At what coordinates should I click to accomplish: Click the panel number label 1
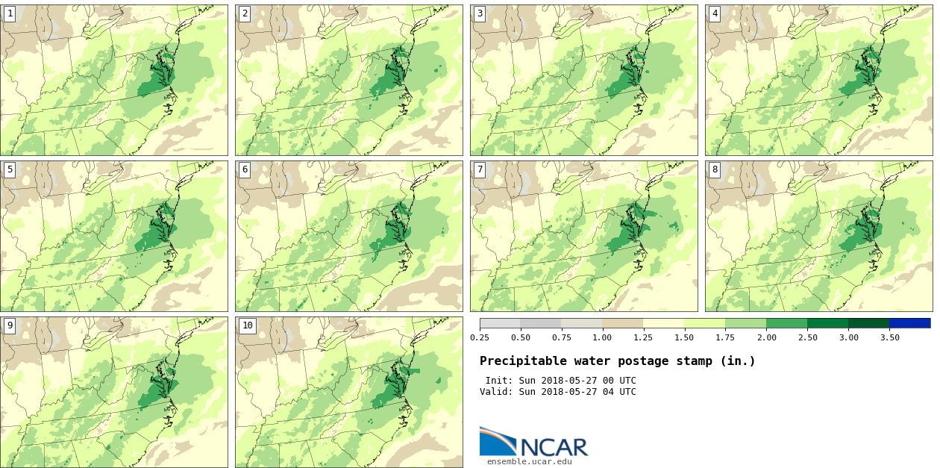pyautogui.click(x=10, y=13)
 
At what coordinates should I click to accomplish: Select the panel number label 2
pyautogui.click(x=245, y=13)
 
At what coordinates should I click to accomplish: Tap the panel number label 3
pyautogui.click(x=480, y=13)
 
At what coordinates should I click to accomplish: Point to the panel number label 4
pyautogui.click(x=715, y=13)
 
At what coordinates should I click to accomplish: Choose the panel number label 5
pyautogui.click(x=10, y=169)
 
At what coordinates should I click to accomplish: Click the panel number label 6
pyautogui.click(x=245, y=169)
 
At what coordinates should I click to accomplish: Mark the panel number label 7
pyautogui.click(x=480, y=169)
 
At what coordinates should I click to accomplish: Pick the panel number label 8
pyautogui.click(x=715, y=169)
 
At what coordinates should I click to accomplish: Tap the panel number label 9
pyautogui.click(x=10, y=325)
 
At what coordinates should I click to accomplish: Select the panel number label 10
pyautogui.click(x=248, y=325)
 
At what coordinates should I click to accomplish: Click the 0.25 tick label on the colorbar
pyautogui.click(x=480, y=337)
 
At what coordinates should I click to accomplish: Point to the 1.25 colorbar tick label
pyautogui.click(x=643, y=337)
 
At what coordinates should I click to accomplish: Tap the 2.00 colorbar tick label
pyautogui.click(x=766, y=337)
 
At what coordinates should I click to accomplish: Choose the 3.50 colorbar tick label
pyautogui.click(x=889, y=337)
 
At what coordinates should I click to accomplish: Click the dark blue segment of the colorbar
pyautogui.click(x=909, y=323)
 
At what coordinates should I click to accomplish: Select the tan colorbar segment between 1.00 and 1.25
pyautogui.click(x=622, y=323)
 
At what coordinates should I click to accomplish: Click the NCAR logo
pyautogui.click(x=533, y=443)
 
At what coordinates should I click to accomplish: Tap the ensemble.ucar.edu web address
pyautogui.click(x=530, y=461)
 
